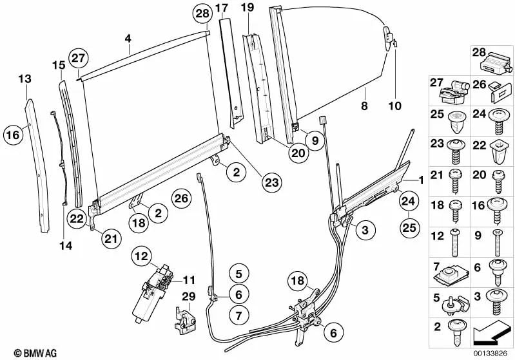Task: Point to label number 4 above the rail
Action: click(x=128, y=39)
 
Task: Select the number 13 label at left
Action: click(x=24, y=79)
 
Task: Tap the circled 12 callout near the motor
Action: click(x=141, y=256)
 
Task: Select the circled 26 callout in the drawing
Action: click(x=182, y=198)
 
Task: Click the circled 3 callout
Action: click(x=364, y=229)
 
